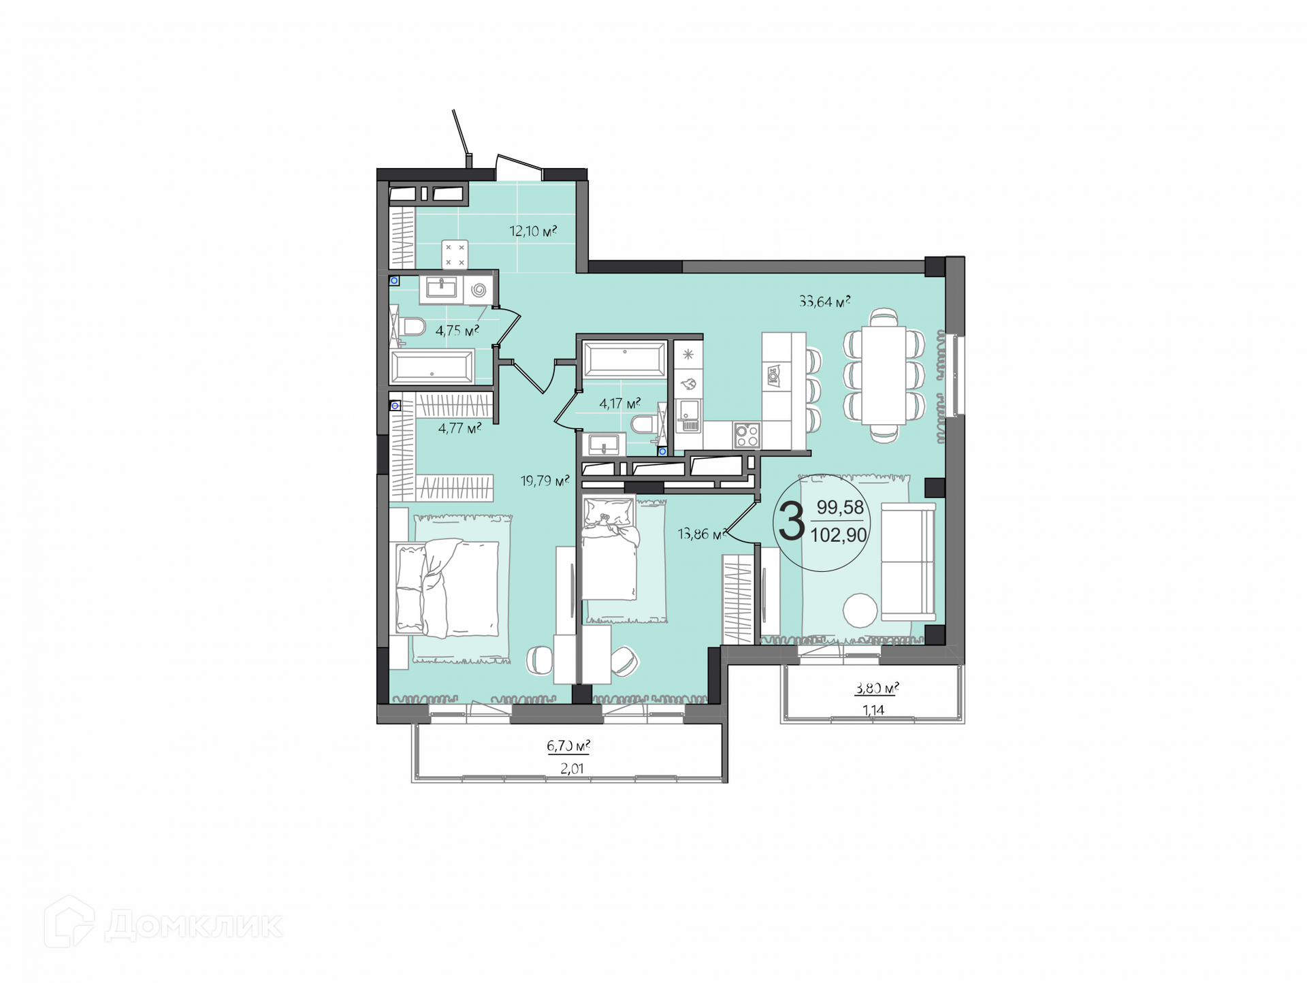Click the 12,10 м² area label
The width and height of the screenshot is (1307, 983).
pyautogui.click(x=533, y=231)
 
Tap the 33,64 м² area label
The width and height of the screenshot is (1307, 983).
pyautogui.click(x=824, y=301)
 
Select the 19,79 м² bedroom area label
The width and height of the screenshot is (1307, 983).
pyautogui.click(x=545, y=481)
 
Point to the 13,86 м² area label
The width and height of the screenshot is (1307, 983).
pyautogui.click(x=701, y=534)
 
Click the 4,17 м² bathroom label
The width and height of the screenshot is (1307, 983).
pyautogui.click(x=619, y=404)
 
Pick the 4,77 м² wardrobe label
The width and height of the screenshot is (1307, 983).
pyautogui.click(x=459, y=428)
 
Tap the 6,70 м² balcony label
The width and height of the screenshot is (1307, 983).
pyautogui.click(x=568, y=746)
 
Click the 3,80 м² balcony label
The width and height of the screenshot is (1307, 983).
pyautogui.click(x=877, y=688)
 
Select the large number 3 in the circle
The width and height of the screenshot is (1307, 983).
pyautogui.click(x=792, y=521)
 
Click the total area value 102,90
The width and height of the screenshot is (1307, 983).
pyautogui.click(x=839, y=535)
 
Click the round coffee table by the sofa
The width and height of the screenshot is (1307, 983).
pyautogui.click(x=860, y=610)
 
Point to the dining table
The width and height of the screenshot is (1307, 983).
pyautogui.click(x=884, y=375)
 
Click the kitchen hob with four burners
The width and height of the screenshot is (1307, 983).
pyautogui.click(x=747, y=435)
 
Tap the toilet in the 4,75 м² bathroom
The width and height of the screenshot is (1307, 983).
pyautogui.click(x=410, y=327)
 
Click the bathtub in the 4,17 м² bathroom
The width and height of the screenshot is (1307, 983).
pyautogui.click(x=624, y=359)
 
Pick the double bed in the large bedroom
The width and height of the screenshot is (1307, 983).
pyautogui.click(x=447, y=587)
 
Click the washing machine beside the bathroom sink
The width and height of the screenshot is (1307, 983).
pyautogui.click(x=479, y=290)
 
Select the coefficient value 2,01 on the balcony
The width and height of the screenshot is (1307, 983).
pyautogui.click(x=572, y=769)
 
